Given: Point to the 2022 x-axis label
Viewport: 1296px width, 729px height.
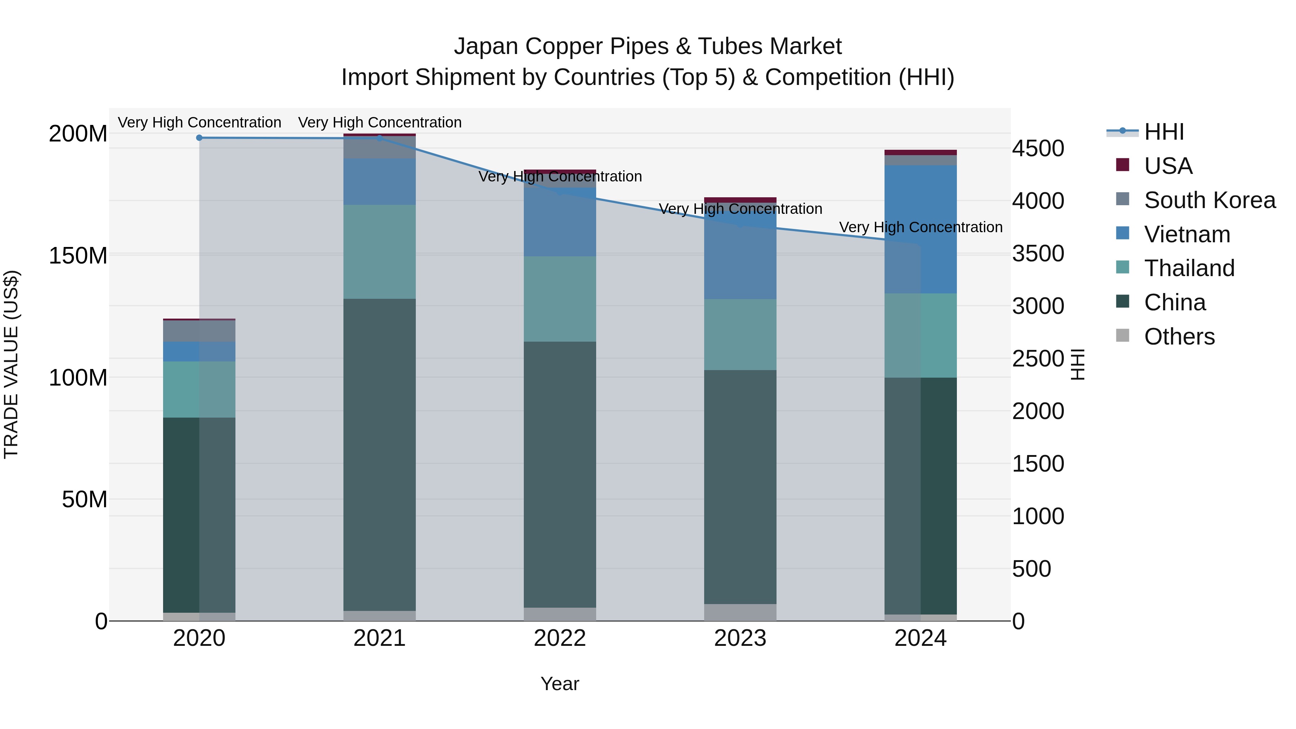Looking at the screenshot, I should (x=559, y=638).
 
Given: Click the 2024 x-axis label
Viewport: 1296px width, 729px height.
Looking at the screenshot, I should (x=920, y=638).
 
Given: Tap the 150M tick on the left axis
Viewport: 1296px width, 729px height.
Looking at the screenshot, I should (x=78, y=256).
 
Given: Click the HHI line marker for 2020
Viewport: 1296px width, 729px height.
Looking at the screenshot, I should (x=199, y=138).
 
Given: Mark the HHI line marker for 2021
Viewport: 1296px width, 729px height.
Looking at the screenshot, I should (x=380, y=138).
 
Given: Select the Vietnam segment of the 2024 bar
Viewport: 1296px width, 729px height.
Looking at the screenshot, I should (x=921, y=229).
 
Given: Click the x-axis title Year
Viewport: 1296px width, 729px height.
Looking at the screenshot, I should (x=559, y=684).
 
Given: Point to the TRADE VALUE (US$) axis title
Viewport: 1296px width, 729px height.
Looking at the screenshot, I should (x=12, y=364).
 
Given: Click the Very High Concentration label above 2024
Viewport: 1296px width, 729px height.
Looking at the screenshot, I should (x=920, y=228).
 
